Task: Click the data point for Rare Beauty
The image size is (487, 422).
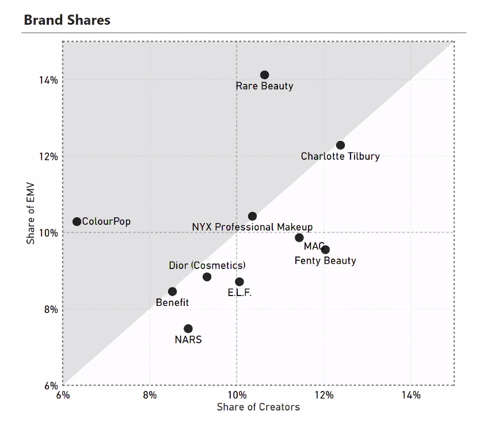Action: click(x=264, y=75)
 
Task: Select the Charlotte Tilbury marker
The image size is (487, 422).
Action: click(x=340, y=145)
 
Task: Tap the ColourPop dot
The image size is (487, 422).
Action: click(x=77, y=221)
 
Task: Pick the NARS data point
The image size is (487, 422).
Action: click(x=188, y=328)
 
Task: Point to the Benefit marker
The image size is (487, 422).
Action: click(x=172, y=291)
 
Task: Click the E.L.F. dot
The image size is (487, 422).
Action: click(x=239, y=282)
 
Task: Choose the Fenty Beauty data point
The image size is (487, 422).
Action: click(x=325, y=250)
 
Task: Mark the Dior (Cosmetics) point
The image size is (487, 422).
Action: click(x=207, y=277)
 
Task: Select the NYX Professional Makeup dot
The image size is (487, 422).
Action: click(x=252, y=216)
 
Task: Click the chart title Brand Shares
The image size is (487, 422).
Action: click(x=67, y=20)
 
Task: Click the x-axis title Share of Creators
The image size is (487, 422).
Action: click(x=258, y=407)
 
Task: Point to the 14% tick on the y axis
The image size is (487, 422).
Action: click(x=48, y=80)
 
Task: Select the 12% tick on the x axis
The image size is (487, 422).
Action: click(x=324, y=395)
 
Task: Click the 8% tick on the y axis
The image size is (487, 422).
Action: click(x=51, y=309)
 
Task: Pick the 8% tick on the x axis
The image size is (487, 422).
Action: click(x=150, y=395)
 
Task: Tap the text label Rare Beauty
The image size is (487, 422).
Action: click(x=264, y=86)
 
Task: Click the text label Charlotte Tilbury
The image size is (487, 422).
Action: click(x=340, y=156)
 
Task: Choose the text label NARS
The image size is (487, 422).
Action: click(x=188, y=339)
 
